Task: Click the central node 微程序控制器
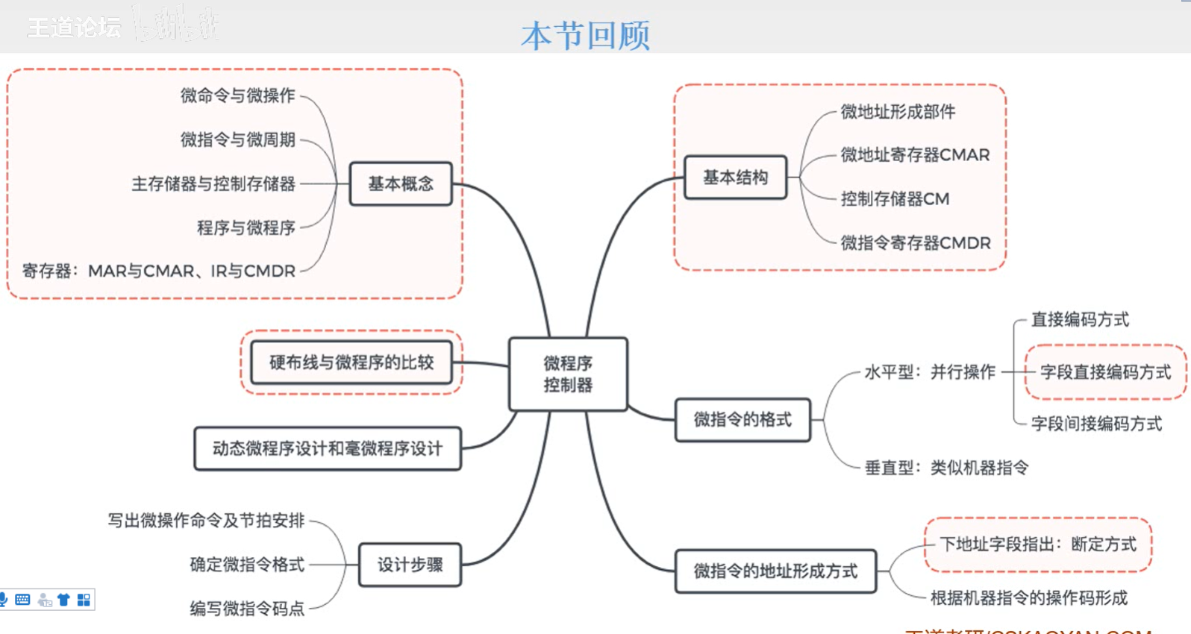[x=568, y=374]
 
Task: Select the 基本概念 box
[x=401, y=183]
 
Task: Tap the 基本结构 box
[x=735, y=178]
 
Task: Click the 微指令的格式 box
[x=743, y=420]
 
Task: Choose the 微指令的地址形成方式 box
[x=775, y=571]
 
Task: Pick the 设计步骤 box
[x=410, y=565]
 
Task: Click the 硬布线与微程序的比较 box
[x=351, y=362]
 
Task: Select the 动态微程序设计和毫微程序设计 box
[x=328, y=448]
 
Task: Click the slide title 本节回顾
[x=586, y=35]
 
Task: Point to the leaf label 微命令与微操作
[x=238, y=95]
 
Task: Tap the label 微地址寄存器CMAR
[x=915, y=155]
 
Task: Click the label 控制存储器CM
[x=895, y=199]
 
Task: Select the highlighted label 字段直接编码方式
[x=1105, y=372]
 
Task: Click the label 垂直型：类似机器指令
[x=946, y=468]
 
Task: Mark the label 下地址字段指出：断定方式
[x=1037, y=544]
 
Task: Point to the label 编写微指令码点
[x=247, y=609]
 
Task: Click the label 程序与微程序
[x=246, y=227]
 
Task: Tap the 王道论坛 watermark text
[x=74, y=28]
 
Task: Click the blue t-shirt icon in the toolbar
[x=63, y=600]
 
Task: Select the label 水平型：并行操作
[x=930, y=372]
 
